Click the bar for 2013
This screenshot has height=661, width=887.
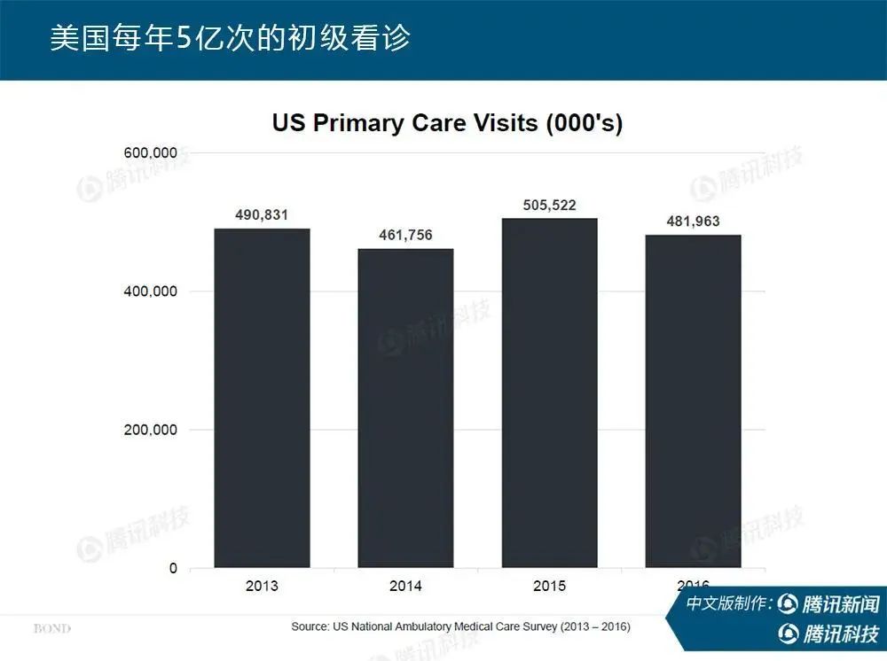[262, 398]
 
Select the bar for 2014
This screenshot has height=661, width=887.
[405, 408]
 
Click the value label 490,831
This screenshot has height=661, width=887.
[262, 215]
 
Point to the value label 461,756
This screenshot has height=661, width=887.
[405, 236]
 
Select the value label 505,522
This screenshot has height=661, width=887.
[549, 206]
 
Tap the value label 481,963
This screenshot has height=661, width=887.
[693, 222]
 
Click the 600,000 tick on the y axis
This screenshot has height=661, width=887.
[147, 153]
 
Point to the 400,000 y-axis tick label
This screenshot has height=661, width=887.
[147, 292]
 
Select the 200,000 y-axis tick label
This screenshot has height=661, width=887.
[147, 430]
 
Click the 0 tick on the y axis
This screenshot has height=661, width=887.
[173, 568]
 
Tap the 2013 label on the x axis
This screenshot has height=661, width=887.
[262, 587]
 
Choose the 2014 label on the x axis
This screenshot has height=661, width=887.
[405, 587]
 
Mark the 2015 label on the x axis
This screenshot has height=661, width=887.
[549, 587]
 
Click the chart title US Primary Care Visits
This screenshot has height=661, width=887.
[447, 123]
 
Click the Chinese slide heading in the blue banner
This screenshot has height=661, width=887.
[230, 40]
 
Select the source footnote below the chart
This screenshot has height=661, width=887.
[460, 626]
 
